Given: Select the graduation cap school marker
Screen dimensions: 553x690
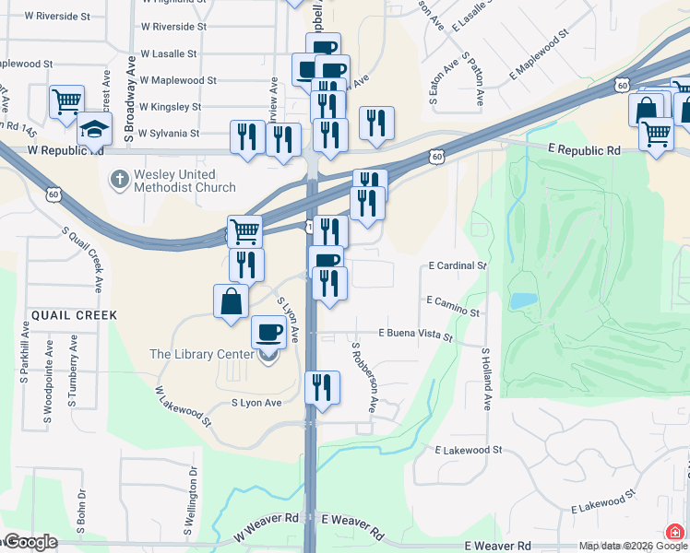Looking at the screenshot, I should [94, 129].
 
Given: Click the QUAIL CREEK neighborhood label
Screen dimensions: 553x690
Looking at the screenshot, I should [75, 315].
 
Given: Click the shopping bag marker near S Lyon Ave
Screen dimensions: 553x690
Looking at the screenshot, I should [231, 300].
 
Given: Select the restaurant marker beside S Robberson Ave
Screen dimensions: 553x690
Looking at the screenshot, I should [322, 387].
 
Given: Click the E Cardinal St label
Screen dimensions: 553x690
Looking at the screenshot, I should [458, 265].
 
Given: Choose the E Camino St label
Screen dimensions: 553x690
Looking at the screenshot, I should [453, 306].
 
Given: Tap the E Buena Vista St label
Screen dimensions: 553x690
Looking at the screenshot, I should [416, 335].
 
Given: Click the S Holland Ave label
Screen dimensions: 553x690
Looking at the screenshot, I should [486, 378].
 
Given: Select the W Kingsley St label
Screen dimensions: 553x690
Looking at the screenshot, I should [170, 107].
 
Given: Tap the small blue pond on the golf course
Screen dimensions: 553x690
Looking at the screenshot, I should [522, 300].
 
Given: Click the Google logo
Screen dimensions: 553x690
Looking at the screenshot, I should [30, 542].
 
